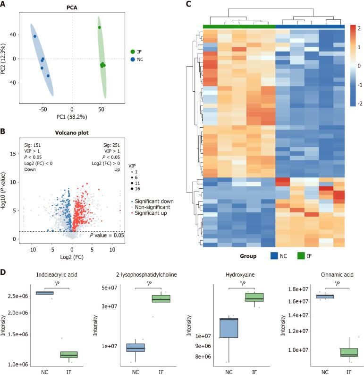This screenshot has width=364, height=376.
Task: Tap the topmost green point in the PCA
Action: click(100, 27)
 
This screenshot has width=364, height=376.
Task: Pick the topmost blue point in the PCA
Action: click(34, 36)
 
